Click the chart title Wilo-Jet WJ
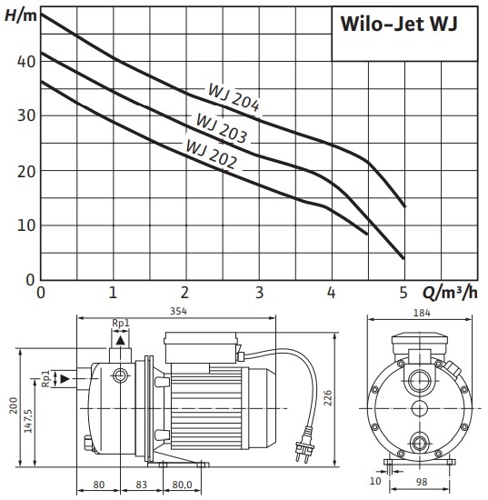(x=399, y=24)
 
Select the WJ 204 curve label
(x=234, y=97)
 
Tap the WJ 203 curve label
(x=221, y=128)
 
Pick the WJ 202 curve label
(x=211, y=154)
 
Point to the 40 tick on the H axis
(x=26, y=62)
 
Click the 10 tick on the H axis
(x=26, y=225)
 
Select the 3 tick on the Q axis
(x=260, y=292)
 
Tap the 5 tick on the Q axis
(x=403, y=292)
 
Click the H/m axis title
(x=21, y=15)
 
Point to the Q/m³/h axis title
(x=450, y=292)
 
